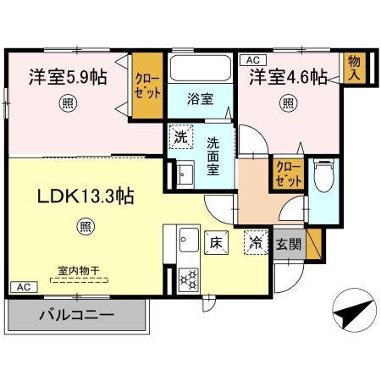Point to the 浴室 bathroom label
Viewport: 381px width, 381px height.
pyautogui.click(x=201, y=99)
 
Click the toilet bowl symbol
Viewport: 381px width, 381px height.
pyautogui.click(x=323, y=178)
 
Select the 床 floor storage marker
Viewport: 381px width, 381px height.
pyautogui.click(x=215, y=240)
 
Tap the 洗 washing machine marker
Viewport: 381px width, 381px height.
pyautogui.click(x=180, y=135)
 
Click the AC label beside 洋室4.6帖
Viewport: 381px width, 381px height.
pyautogui.click(x=251, y=59)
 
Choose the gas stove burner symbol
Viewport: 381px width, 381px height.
pyautogui.click(x=187, y=275)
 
